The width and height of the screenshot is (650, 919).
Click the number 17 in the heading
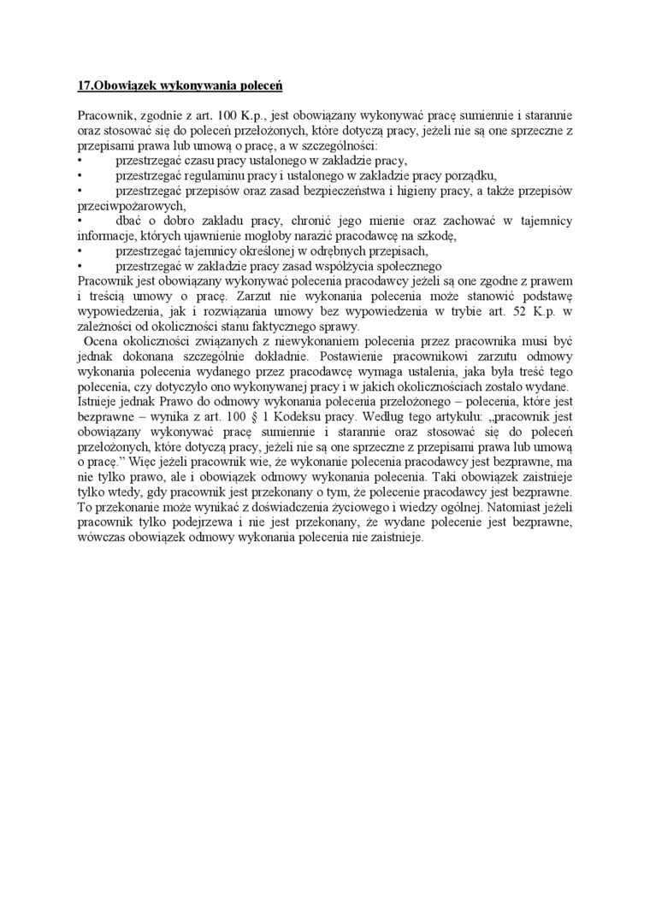83,86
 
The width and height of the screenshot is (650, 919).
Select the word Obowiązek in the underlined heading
122,86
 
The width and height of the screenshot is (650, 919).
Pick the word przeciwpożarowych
131,206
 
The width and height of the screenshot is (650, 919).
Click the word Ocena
103,340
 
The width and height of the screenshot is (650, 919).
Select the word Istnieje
98,399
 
